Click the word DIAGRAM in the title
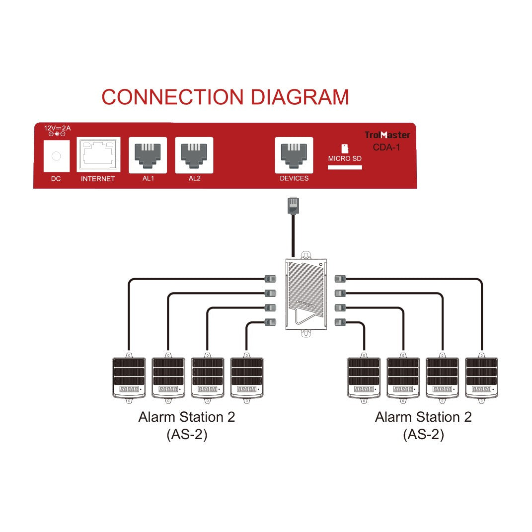[x=300, y=97]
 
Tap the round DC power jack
[x=56, y=156]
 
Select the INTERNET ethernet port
[x=98, y=155]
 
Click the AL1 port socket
[x=148, y=154]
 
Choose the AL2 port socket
[x=194, y=154]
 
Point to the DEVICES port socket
[x=294, y=154]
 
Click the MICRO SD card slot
[x=345, y=167]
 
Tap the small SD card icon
[x=344, y=149]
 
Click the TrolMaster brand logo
[x=387, y=135]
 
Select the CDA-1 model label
[x=386, y=147]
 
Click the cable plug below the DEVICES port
[x=294, y=206]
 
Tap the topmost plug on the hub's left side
[x=271, y=279]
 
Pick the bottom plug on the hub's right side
[x=340, y=322]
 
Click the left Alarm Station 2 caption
[x=186, y=417]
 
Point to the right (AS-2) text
[x=423, y=435]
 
